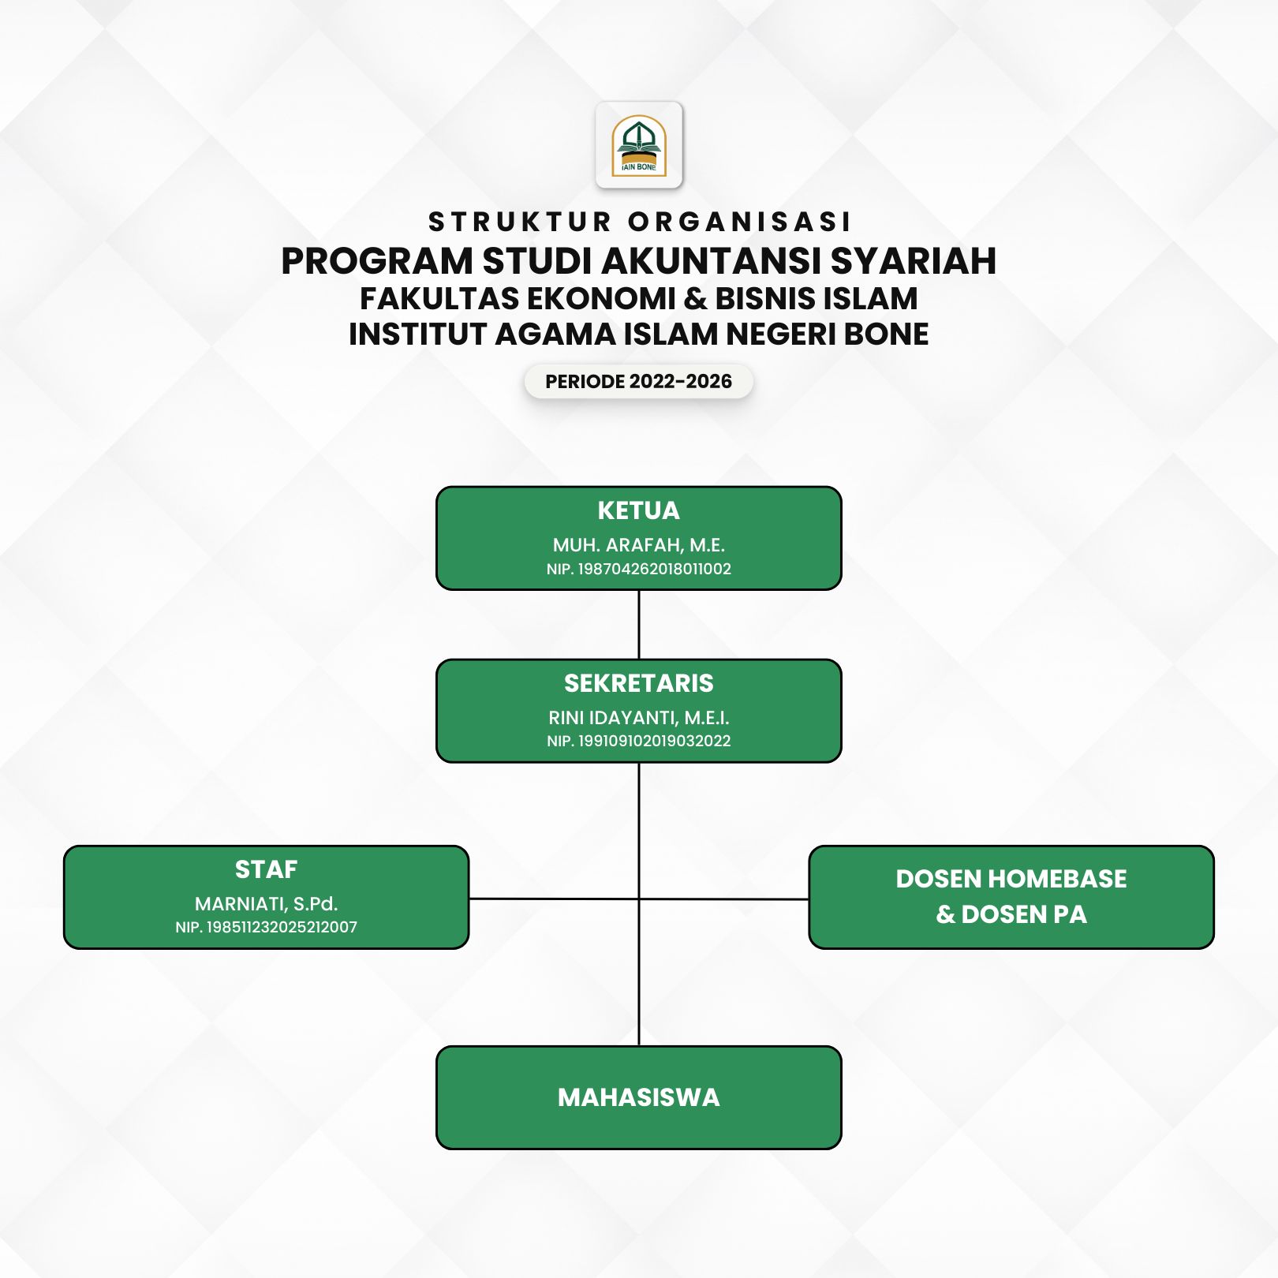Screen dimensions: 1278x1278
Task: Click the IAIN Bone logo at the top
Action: (x=639, y=145)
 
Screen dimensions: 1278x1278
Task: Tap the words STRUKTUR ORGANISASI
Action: (x=640, y=222)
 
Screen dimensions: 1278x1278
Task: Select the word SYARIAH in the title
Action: (x=909, y=261)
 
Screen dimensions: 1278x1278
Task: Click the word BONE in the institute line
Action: (x=887, y=334)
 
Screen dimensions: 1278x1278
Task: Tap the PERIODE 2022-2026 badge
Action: (x=639, y=382)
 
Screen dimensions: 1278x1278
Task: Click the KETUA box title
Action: (x=639, y=510)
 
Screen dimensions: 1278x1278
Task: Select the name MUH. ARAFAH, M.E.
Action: (x=639, y=545)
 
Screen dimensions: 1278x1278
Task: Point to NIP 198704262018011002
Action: (x=639, y=569)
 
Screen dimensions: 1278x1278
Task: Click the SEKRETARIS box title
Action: (x=639, y=683)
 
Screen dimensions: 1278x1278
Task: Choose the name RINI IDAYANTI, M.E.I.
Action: (x=639, y=718)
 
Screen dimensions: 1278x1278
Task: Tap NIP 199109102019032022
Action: (x=639, y=741)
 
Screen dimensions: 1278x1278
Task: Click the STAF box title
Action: (x=267, y=869)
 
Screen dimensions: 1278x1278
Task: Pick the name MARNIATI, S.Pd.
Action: (x=267, y=904)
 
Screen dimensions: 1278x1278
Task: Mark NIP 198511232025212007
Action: (x=267, y=927)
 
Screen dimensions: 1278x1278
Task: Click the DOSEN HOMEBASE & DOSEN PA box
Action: (x=1011, y=897)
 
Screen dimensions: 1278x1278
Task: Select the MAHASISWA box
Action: (x=639, y=1097)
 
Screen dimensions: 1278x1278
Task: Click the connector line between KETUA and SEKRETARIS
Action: (x=639, y=625)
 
